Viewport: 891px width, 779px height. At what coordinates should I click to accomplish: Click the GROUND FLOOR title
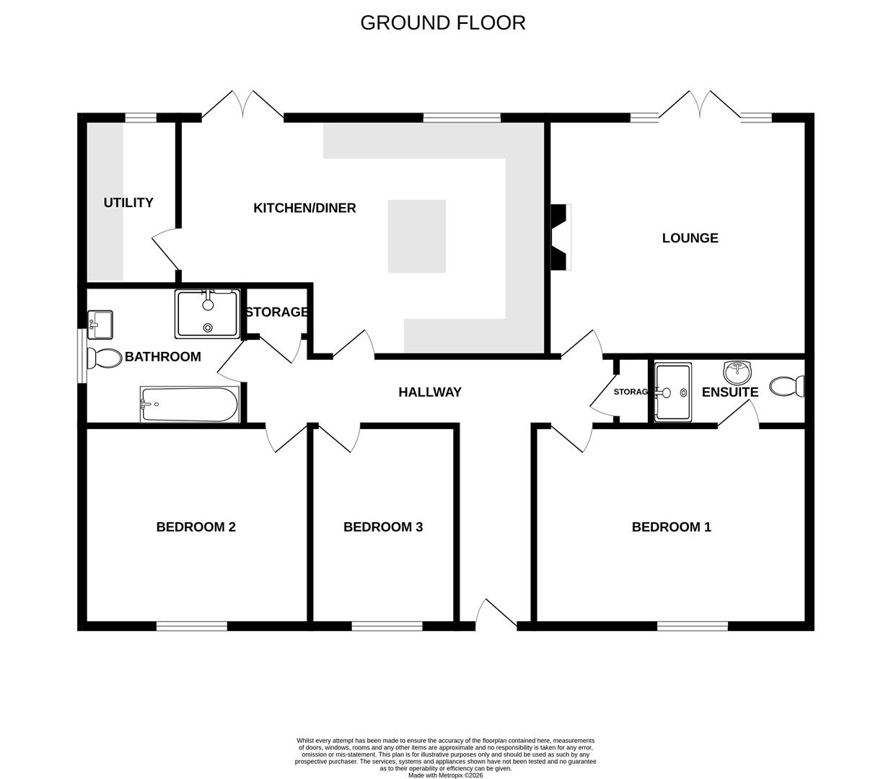(442, 23)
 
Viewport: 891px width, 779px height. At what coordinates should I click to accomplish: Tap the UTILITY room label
(128, 203)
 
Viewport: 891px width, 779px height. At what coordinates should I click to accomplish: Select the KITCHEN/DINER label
(304, 208)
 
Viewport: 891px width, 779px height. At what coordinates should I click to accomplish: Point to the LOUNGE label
(690, 238)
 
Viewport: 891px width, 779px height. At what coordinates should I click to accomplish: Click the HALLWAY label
(430, 392)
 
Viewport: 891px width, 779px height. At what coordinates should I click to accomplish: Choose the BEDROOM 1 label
(671, 527)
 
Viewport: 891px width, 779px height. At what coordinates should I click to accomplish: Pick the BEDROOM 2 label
(196, 527)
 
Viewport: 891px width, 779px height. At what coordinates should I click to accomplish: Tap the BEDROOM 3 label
(382, 527)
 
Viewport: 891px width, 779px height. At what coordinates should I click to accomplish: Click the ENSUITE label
(729, 392)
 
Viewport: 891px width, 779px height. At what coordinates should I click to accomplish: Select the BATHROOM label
(162, 357)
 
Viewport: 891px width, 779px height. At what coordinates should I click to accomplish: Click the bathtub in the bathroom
(189, 405)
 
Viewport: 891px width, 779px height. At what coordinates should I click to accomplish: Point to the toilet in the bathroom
(104, 358)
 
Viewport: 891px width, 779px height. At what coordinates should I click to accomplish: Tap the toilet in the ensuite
(787, 387)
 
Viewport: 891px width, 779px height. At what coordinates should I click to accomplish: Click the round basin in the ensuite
(737, 372)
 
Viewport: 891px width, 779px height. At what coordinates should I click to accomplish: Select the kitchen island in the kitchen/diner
(416, 237)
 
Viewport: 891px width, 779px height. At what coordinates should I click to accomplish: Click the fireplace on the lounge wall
(561, 237)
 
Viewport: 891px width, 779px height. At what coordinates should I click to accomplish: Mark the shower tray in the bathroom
(207, 314)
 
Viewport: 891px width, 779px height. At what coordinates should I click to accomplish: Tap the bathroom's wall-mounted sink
(100, 324)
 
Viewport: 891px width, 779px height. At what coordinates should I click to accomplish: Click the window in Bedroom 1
(692, 625)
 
